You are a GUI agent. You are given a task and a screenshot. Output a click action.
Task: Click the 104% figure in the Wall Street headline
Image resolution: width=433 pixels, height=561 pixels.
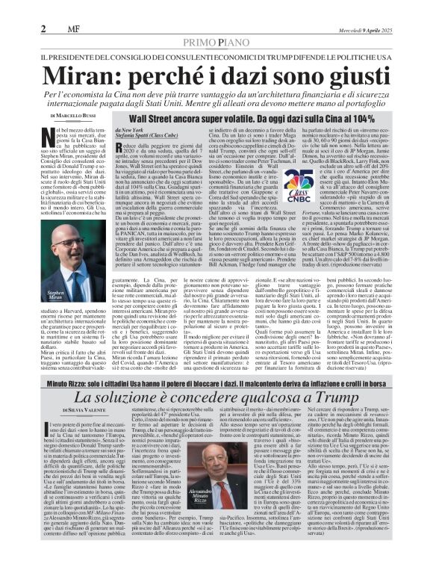coord(351,118)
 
